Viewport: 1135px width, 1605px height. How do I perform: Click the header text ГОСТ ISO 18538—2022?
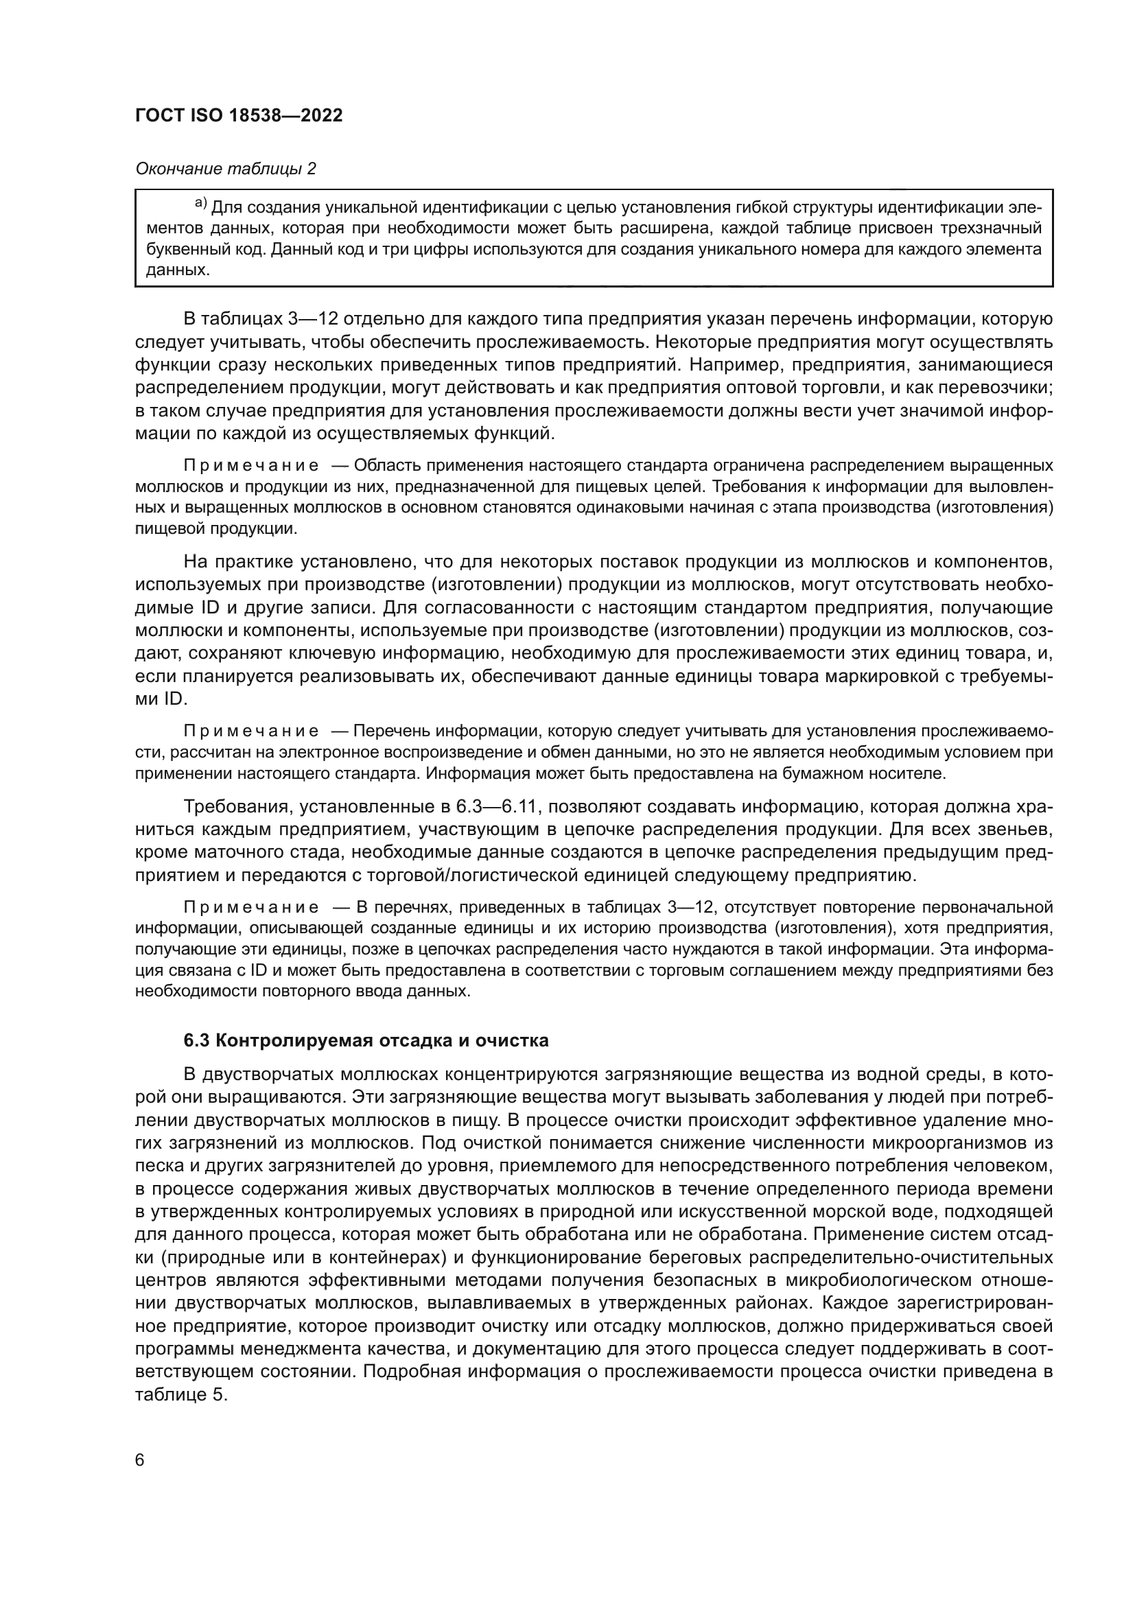click(x=239, y=115)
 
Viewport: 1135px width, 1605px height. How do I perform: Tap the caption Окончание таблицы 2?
click(x=225, y=169)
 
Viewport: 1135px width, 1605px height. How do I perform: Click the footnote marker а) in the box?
click(x=200, y=203)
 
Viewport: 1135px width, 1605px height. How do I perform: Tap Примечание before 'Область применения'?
click(x=251, y=465)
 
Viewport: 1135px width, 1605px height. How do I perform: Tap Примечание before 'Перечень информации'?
click(x=251, y=731)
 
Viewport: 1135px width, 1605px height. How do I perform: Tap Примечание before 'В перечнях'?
click(x=251, y=907)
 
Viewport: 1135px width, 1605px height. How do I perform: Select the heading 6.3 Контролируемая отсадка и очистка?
click(x=366, y=1040)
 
